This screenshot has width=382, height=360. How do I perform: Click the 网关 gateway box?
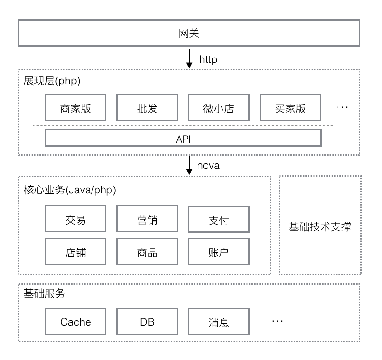coord(189,33)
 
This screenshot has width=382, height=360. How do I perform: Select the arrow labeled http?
coord(189,59)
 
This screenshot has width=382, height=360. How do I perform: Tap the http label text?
coord(208,59)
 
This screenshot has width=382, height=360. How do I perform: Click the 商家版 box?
coord(76,108)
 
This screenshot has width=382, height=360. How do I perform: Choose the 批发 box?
coord(147,108)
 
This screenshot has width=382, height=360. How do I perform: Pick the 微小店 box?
coord(219,108)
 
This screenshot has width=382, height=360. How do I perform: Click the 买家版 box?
coord(290,108)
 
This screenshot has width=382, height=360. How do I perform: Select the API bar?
coord(183,139)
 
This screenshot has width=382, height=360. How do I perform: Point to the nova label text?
coord(208,166)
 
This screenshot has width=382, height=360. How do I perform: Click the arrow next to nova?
coord(189,165)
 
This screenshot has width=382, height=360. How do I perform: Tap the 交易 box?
coord(76,220)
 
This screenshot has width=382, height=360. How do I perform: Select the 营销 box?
coord(147,220)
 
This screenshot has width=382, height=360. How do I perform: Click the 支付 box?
coord(219,220)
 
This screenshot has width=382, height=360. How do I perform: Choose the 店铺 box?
coord(76,252)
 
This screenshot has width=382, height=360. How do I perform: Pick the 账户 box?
coord(219,252)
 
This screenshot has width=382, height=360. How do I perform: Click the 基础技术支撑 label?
coord(320,227)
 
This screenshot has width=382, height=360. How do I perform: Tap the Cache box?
coord(76,322)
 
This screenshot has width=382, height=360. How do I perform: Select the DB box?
coord(147,322)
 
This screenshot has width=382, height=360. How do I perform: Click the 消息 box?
coord(219,322)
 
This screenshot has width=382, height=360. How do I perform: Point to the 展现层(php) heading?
coord(52,81)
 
